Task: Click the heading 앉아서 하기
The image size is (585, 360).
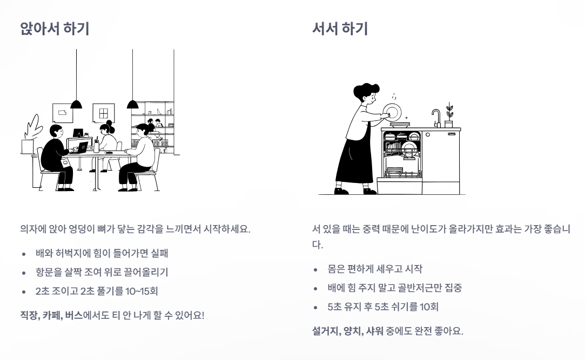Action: (x=54, y=29)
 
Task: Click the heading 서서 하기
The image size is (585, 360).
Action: (x=340, y=29)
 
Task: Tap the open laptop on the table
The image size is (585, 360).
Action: (x=81, y=147)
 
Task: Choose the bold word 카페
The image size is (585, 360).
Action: (x=53, y=315)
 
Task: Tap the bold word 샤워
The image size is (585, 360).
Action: (x=373, y=330)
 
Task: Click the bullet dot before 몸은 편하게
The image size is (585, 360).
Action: (x=317, y=269)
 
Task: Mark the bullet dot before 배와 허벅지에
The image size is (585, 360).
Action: (x=24, y=253)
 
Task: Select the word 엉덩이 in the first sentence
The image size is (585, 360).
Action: (x=77, y=228)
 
